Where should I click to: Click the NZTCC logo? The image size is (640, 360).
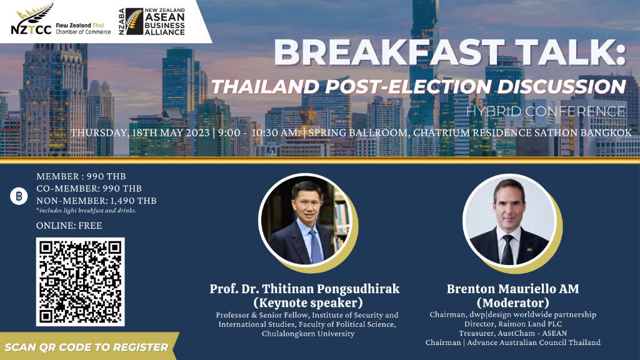61,19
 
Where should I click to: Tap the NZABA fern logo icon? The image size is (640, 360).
134,22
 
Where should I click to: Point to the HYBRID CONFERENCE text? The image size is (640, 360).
546,111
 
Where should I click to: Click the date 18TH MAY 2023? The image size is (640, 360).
171,133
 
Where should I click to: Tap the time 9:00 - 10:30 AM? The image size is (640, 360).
259,133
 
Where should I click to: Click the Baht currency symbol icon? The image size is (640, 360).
19,196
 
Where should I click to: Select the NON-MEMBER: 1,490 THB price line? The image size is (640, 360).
96,201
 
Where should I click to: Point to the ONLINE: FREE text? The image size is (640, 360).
69,225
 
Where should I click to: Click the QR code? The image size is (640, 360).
81,282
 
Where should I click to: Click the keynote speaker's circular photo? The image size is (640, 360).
305,221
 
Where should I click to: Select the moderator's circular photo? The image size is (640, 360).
509,221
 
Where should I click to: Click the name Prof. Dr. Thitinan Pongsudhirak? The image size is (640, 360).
304,289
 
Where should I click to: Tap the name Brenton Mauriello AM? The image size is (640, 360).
512,289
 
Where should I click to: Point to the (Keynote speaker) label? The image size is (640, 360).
308,303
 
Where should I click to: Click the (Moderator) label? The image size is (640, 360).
512,303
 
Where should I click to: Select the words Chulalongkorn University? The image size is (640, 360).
308,334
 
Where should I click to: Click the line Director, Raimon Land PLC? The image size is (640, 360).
513,324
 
